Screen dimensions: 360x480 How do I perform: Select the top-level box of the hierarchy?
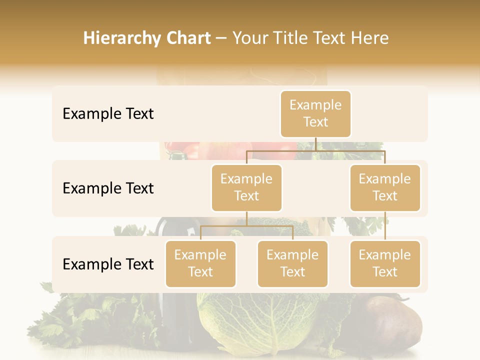click(315, 113)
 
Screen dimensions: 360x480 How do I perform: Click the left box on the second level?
click(246, 187)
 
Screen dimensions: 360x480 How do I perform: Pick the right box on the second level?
click(385, 187)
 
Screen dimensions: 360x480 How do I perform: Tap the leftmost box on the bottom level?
click(200, 263)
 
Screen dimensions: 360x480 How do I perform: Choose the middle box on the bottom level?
click(292, 263)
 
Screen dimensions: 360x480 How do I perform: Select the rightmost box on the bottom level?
click(385, 263)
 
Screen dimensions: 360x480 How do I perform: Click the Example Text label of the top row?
click(108, 114)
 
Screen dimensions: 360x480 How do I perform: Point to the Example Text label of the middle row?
click(108, 188)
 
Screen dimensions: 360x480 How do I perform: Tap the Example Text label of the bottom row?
click(108, 264)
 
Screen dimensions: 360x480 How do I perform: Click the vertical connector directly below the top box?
click(315, 144)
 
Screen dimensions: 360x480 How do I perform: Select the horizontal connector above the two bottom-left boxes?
click(246, 226)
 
